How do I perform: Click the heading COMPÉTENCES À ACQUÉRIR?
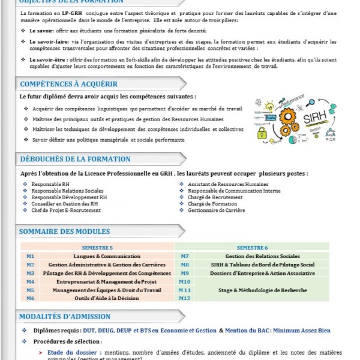point(69,84)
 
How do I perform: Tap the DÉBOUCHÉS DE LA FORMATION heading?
point(75,159)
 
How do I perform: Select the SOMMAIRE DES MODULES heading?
point(65,232)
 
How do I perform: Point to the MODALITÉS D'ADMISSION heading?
point(65,316)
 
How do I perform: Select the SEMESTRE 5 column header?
point(97,247)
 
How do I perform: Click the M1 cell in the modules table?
point(30,256)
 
